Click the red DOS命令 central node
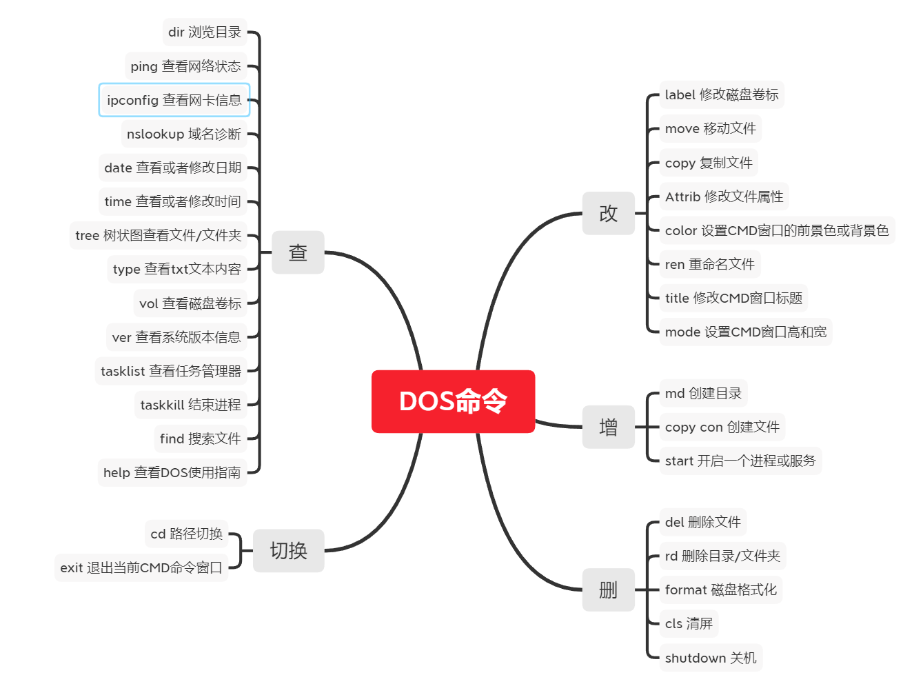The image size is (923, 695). click(x=453, y=401)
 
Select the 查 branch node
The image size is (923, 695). click(x=298, y=252)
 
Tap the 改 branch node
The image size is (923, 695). click(x=608, y=213)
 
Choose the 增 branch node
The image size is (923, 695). click(x=608, y=427)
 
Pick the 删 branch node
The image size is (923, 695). click(x=608, y=590)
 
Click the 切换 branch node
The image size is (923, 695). click(x=288, y=550)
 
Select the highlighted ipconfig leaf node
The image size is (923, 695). click(x=174, y=100)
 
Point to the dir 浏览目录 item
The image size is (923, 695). click(x=205, y=32)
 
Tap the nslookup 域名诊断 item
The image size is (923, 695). click(x=184, y=134)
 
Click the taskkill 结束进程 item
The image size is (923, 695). click(x=190, y=405)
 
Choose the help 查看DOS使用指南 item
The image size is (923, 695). click(x=172, y=472)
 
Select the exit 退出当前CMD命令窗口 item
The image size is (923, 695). click(x=141, y=567)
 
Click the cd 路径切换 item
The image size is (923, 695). click(x=187, y=534)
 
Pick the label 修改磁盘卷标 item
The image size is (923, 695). click(x=721, y=94)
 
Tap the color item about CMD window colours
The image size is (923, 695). click(x=776, y=230)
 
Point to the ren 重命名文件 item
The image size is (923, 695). click(x=709, y=264)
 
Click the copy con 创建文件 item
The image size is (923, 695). click(x=722, y=427)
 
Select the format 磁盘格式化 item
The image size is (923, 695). click(x=720, y=590)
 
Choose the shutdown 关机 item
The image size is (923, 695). click(x=710, y=658)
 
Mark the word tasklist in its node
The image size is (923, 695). click(x=123, y=371)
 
